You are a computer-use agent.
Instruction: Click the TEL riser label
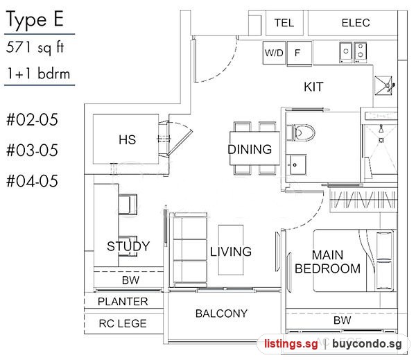click(x=284, y=23)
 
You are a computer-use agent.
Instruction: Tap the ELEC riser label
click(x=356, y=23)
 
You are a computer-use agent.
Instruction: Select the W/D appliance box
click(x=275, y=53)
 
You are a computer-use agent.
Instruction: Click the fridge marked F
click(x=300, y=53)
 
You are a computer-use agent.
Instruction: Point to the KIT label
click(x=313, y=87)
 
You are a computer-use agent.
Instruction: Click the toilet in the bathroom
click(x=301, y=132)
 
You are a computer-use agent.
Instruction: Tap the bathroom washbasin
click(x=296, y=164)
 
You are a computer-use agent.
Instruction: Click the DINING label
click(x=250, y=149)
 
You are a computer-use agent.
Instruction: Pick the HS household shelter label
click(x=128, y=139)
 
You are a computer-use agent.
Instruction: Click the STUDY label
click(x=128, y=246)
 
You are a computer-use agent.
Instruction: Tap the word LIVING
click(x=231, y=251)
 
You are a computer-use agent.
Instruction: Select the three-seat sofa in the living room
click(x=190, y=250)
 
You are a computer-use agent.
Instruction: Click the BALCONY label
click(x=221, y=314)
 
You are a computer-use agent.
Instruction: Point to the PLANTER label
click(x=123, y=301)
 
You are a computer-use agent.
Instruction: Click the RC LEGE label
click(x=123, y=323)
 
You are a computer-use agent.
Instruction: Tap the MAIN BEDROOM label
click(x=328, y=262)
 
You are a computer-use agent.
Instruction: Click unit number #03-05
click(x=32, y=151)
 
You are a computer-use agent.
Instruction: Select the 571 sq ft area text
click(x=35, y=47)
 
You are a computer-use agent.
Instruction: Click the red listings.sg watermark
click(x=291, y=344)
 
